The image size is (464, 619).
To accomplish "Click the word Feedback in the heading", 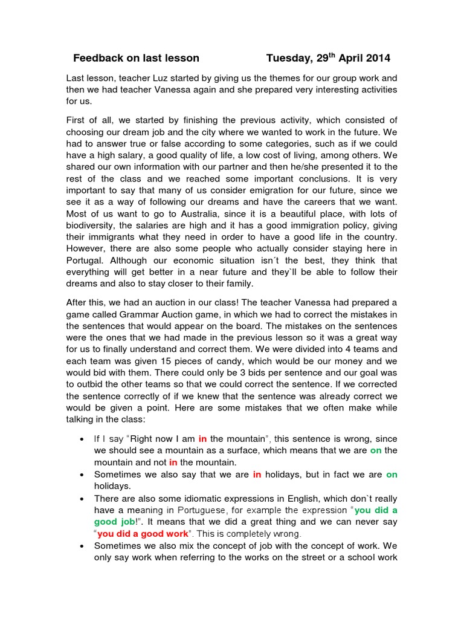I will (98, 59).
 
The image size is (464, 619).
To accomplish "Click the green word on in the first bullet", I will (376, 450).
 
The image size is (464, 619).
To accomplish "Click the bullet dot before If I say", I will (82, 439).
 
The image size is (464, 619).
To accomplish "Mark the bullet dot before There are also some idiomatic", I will (82, 497).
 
